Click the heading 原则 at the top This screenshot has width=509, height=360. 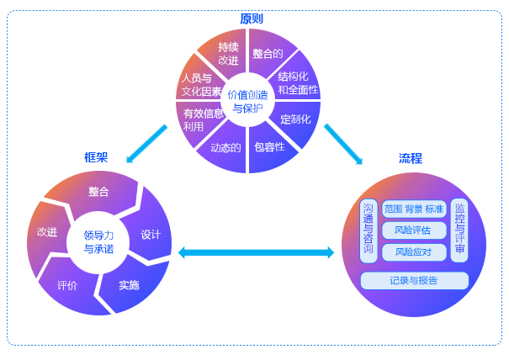click(251, 19)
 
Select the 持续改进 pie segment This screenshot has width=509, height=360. click(227, 53)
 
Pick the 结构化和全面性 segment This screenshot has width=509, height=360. click(296, 82)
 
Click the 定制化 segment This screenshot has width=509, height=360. click(295, 118)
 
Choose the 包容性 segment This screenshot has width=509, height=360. click(269, 146)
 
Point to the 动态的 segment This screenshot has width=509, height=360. click(225, 147)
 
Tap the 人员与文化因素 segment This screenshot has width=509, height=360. click(200, 84)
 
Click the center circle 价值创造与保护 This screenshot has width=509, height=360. click(248, 101)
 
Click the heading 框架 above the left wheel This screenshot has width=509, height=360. click(96, 157)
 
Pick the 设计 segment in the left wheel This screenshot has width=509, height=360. click(151, 235)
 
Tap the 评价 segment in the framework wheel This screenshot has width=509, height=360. click(67, 285)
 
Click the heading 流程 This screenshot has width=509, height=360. click(411, 157)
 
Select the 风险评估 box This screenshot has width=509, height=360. click(412, 230)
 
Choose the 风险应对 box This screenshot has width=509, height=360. click(412, 251)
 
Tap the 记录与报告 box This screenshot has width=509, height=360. click(413, 280)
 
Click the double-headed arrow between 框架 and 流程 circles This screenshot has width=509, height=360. click(256, 251)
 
